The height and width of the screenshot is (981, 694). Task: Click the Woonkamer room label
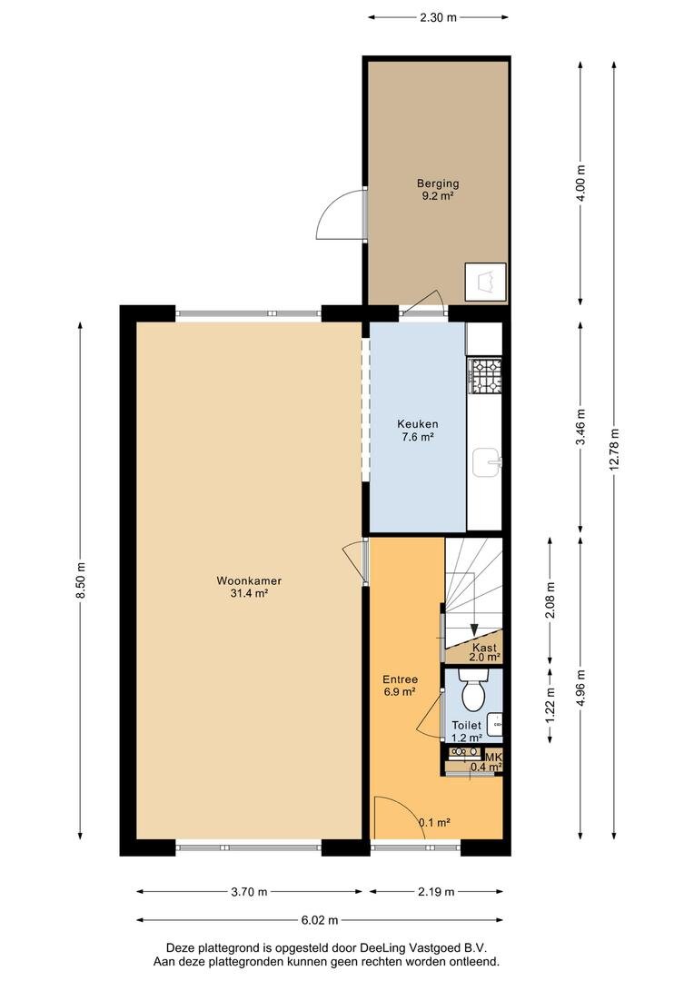point(249,580)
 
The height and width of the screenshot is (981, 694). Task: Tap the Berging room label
point(438,183)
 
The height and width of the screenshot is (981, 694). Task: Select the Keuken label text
point(418,424)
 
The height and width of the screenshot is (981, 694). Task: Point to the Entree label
point(401,679)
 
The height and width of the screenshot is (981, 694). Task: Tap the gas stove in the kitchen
point(486,375)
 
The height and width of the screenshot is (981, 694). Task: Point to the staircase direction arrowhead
point(474,630)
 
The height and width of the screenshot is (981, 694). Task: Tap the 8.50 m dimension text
point(81,581)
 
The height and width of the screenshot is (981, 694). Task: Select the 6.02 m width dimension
point(320,919)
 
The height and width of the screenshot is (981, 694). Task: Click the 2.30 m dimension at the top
point(438,17)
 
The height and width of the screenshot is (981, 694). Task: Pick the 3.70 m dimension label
point(249,892)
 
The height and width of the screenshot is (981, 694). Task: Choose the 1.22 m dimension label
point(550,706)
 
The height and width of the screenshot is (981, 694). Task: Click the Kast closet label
point(484,648)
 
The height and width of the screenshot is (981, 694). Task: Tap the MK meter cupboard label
point(494,757)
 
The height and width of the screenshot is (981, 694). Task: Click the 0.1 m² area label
point(434,823)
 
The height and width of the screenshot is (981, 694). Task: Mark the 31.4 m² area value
point(249,594)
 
